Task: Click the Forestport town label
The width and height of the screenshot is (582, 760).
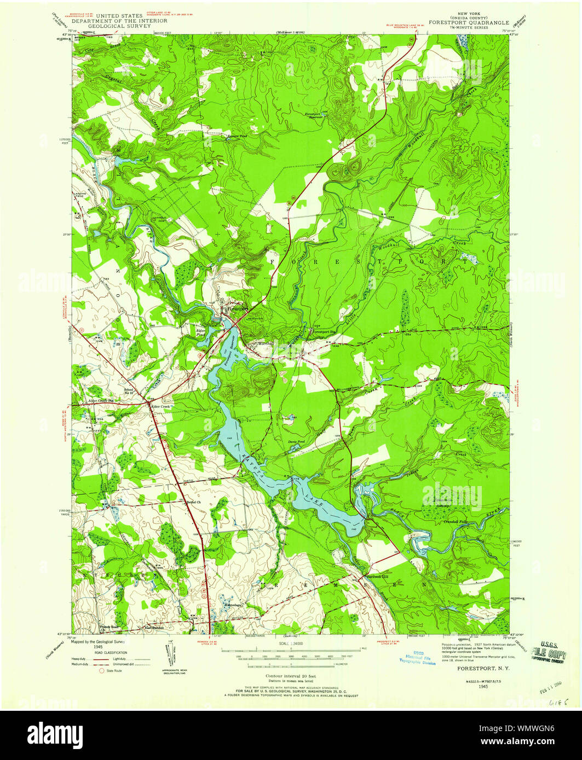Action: coord(237,308)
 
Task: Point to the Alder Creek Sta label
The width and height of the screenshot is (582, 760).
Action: coord(100,401)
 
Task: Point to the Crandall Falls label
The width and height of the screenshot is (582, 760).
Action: coord(456,522)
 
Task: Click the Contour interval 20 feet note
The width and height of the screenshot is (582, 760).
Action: coord(290,676)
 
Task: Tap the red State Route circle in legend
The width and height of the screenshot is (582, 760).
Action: coord(102,670)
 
